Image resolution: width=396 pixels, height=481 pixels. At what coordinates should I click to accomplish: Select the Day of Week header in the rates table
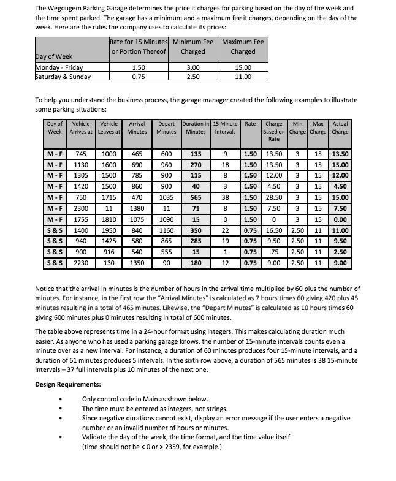pyautogui.click(x=54, y=57)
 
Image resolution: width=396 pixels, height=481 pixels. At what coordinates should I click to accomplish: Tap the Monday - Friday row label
pyautogui.click(x=59, y=67)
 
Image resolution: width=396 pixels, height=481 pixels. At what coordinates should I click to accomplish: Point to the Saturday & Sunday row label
pyautogui.click(x=63, y=77)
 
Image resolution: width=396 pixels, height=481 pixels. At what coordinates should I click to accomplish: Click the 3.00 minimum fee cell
pyautogui.click(x=193, y=67)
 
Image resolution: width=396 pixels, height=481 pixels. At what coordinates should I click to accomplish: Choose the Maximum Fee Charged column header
pyautogui.click(x=243, y=47)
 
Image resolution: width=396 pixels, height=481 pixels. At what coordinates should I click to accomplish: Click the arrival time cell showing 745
pyautogui.click(x=80, y=154)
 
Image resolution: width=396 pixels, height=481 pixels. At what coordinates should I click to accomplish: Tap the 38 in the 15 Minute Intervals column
pyautogui.click(x=226, y=198)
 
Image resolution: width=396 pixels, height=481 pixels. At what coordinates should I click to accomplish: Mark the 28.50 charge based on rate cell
pyautogui.click(x=273, y=198)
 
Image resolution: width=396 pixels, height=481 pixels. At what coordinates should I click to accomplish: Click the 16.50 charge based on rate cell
pyautogui.click(x=273, y=230)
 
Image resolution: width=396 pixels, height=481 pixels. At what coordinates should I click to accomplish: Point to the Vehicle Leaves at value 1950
pyautogui.click(x=110, y=230)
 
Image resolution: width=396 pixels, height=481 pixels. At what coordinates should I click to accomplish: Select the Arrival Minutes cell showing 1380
pyautogui.click(x=137, y=209)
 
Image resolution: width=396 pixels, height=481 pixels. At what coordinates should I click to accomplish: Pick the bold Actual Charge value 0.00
pyautogui.click(x=340, y=219)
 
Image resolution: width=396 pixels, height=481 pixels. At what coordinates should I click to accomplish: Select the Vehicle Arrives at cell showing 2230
pyautogui.click(x=80, y=263)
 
